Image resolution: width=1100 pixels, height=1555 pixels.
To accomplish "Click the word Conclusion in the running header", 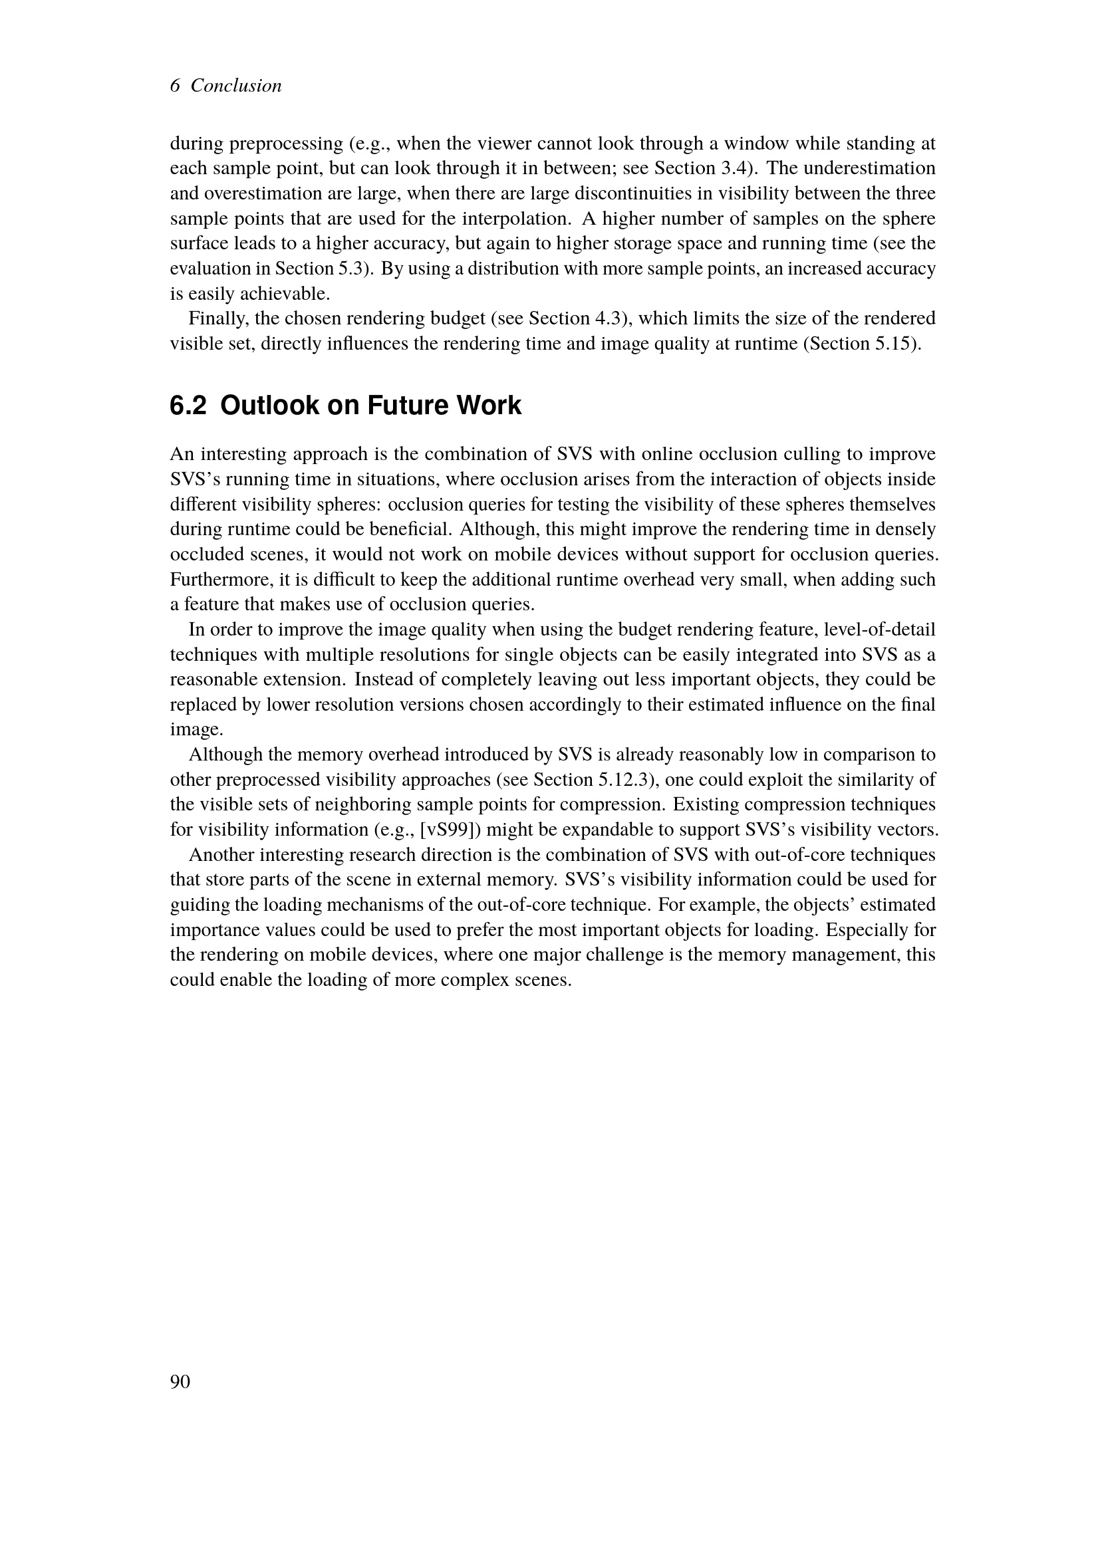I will click(235, 86).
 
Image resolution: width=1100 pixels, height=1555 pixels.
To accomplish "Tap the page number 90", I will click(180, 1381).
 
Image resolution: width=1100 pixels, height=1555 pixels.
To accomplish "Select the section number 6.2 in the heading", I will click(188, 406).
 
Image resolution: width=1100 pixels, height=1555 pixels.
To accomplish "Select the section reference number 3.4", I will click(734, 168).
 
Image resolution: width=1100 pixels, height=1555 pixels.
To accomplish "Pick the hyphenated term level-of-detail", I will click(881, 630).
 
